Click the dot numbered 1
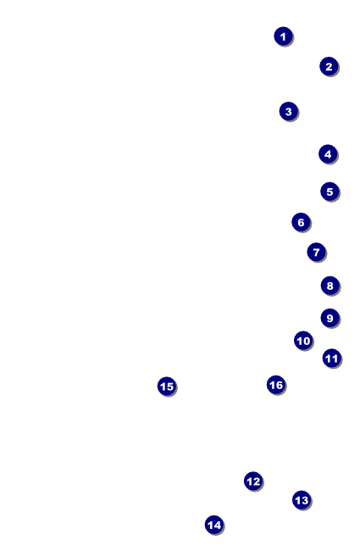[284, 36]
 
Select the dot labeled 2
[329, 66]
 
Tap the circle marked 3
[289, 111]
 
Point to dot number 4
[328, 154]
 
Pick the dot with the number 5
[330, 192]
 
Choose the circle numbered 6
[301, 222]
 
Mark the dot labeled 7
[317, 252]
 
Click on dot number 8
[330, 286]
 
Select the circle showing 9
[330, 318]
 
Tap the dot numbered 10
[303, 341]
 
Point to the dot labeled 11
[332, 358]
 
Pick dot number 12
[253, 481]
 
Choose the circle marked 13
[302, 500]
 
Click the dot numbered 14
[214, 525]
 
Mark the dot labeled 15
[167, 387]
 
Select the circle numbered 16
[276, 385]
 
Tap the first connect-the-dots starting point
[284, 36]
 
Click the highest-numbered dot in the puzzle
[276, 385]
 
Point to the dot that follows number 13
[214, 525]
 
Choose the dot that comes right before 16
[167, 387]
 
